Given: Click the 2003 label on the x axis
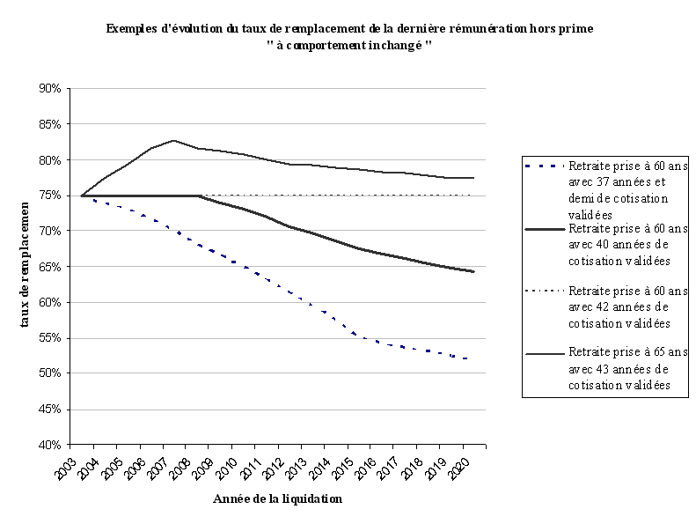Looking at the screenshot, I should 64,465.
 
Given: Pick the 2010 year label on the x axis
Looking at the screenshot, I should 226,465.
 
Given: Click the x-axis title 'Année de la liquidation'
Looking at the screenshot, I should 277,499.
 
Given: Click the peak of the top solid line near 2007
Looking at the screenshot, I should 173,140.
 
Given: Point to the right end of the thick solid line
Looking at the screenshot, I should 473,271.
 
